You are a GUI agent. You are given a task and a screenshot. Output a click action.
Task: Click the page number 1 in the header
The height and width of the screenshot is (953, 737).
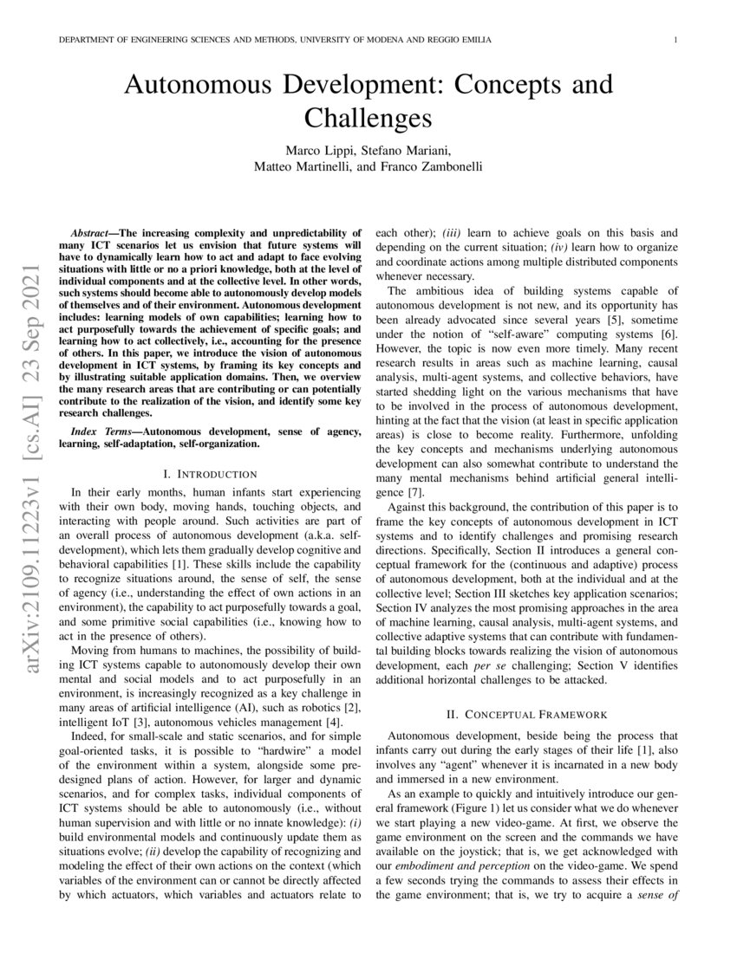click(674, 41)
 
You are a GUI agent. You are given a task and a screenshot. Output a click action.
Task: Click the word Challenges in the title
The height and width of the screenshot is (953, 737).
click(368, 117)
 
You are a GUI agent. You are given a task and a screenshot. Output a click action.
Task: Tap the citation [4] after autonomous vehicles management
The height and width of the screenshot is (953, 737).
click(317, 723)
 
